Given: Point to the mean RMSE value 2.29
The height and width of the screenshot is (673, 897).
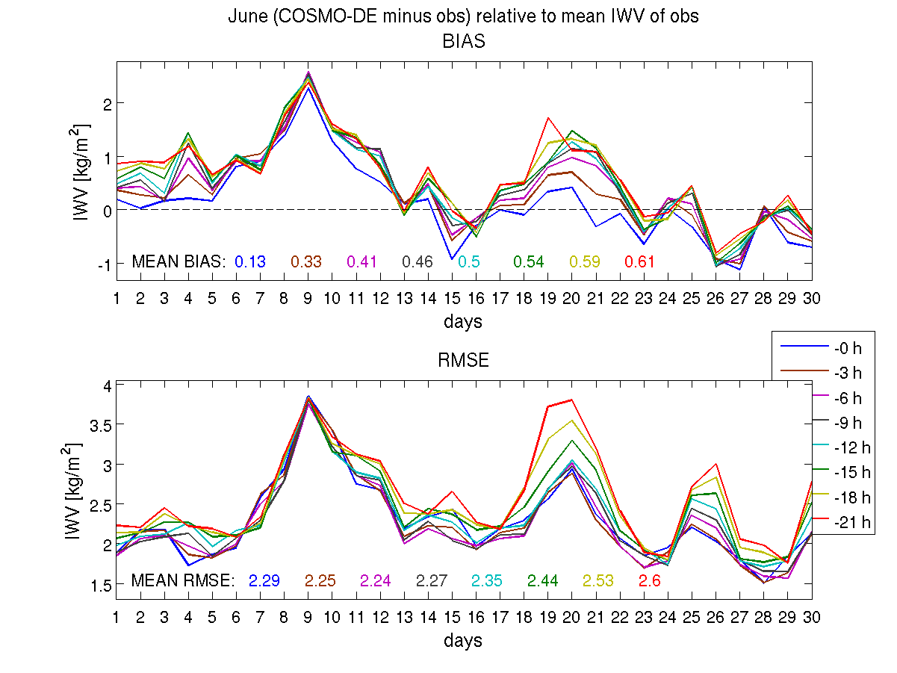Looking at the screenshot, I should (x=264, y=580).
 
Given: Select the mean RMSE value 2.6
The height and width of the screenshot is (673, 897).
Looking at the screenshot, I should (x=650, y=580).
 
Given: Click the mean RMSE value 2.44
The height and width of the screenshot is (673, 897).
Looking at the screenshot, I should (x=543, y=580).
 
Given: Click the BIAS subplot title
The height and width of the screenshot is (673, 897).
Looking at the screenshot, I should (x=464, y=42).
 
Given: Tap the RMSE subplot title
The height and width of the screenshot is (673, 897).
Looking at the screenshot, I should (x=464, y=361).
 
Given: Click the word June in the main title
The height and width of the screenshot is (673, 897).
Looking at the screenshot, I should (x=246, y=16).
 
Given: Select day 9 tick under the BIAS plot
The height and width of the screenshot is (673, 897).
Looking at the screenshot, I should (x=308, y=297).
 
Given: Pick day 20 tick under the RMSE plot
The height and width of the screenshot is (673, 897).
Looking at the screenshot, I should (x=571, y=616).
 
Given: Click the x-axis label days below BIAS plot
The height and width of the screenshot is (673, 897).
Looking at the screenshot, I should (x=464, y=322).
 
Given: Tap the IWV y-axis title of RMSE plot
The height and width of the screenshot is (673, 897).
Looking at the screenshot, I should (x=73, y=491).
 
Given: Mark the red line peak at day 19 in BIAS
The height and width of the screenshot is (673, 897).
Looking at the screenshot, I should (x=548, y=117).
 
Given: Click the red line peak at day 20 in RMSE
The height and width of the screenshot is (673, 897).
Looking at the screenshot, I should (x=571, y=400).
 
